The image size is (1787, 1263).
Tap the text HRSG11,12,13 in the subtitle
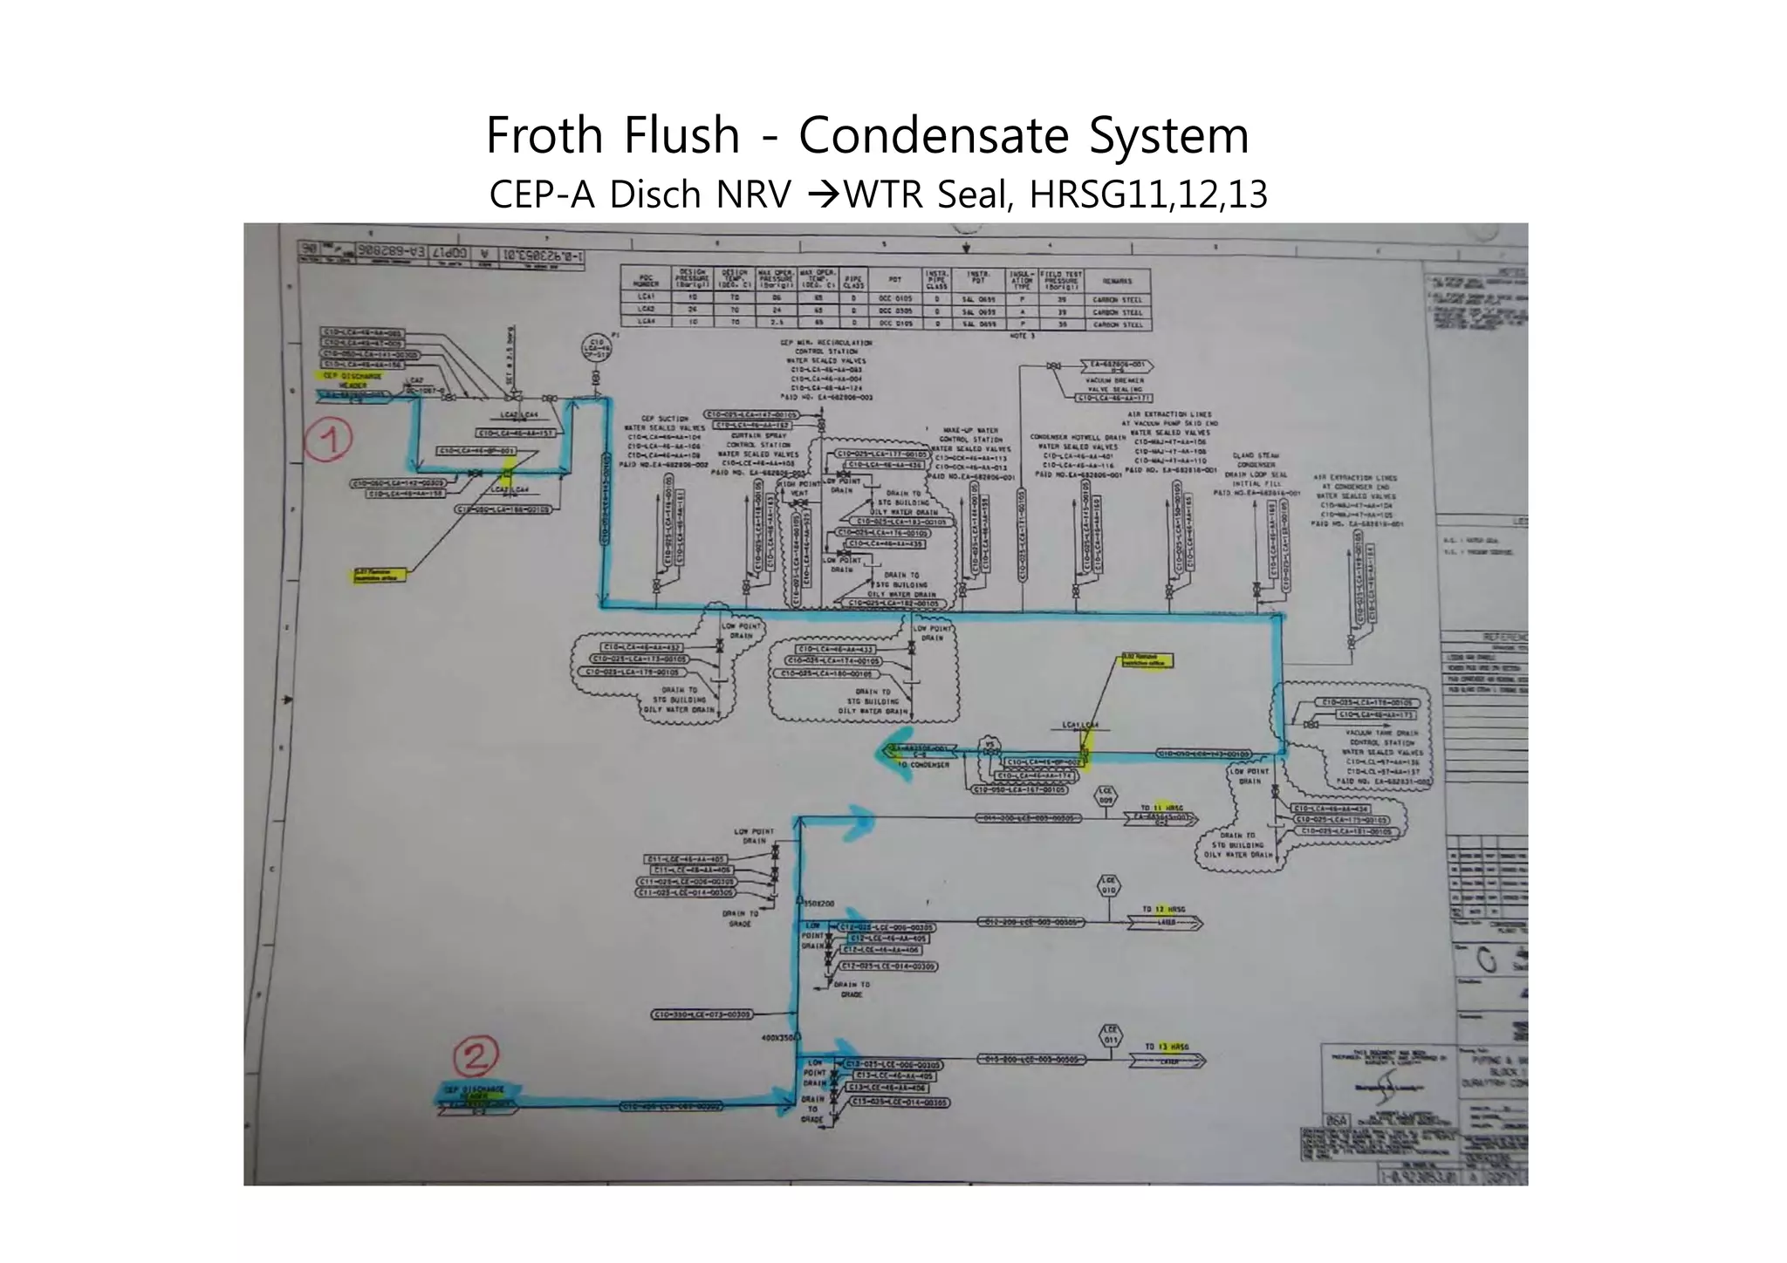click(x=1147, y=195)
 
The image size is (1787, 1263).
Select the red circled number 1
click(x=328, y=441)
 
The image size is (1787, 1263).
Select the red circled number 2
click(x=476, y=1057)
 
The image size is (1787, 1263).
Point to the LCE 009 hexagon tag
click(x=1106, y=797)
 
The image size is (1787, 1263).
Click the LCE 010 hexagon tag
click(x=1109, y=887)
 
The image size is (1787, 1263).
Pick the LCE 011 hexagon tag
click(x=1110, y=1035)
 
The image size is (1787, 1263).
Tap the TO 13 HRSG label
click(x=1167, y=1046)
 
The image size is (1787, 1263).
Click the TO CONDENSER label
click(x=923, y=764)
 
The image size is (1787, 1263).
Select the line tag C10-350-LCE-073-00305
click(x=701, y=1014)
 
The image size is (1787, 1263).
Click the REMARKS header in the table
click(x=1117, y=281)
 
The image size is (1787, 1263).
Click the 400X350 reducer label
click(x=778, y=1038)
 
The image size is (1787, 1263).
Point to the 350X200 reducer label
click(x=818, y=904)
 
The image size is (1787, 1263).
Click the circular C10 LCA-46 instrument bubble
click(x=595, y=350)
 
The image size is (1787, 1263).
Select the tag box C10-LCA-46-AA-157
click(x=515, y=433)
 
